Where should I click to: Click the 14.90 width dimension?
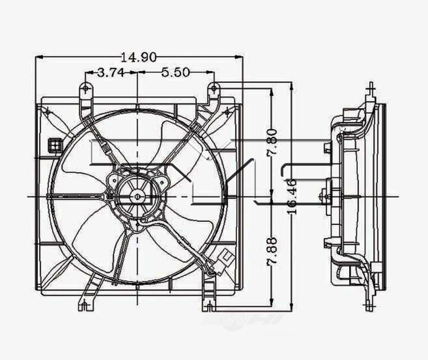coord(138,57)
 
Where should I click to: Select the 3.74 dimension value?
coord(110,73)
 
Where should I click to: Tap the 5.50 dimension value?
coord(175,73)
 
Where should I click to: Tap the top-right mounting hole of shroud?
coord(214,87)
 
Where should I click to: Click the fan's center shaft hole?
coord(137,197)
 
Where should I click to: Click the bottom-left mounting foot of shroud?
coord(84,306)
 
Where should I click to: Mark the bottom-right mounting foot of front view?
coord(209,306)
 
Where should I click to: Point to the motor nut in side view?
coord(326,196)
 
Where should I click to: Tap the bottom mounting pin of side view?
coord(368,307)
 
